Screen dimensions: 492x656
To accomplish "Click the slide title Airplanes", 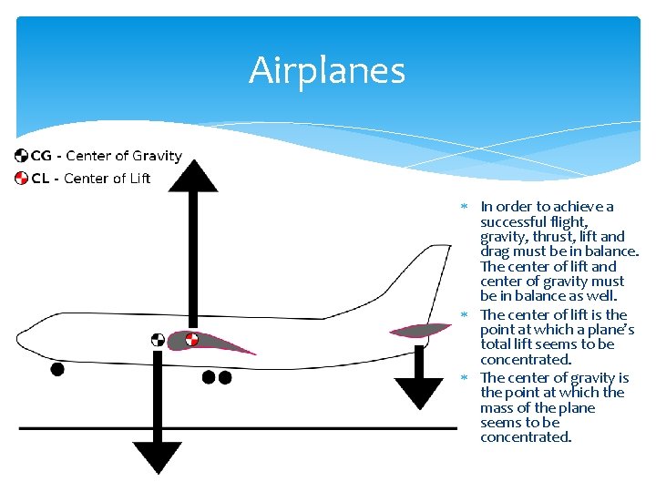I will click(x=327, y=70).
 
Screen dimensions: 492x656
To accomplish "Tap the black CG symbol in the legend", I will click(x=21, y=156).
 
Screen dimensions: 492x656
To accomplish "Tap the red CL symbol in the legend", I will click(x=21, y=178).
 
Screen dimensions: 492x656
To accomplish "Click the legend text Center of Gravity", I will click(x=124, y=156).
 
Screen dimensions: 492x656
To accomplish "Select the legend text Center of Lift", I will click(x=108, y=178).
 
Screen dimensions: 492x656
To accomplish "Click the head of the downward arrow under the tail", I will click(x=420, y=391).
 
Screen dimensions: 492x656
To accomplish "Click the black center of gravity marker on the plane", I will click(x=158, y=341).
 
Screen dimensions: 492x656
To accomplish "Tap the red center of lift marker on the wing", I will click(x=191, y=340).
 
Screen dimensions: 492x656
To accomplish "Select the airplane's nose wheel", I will click(x=57, y=369).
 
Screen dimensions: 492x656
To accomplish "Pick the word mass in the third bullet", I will click(x=498, y=407).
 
